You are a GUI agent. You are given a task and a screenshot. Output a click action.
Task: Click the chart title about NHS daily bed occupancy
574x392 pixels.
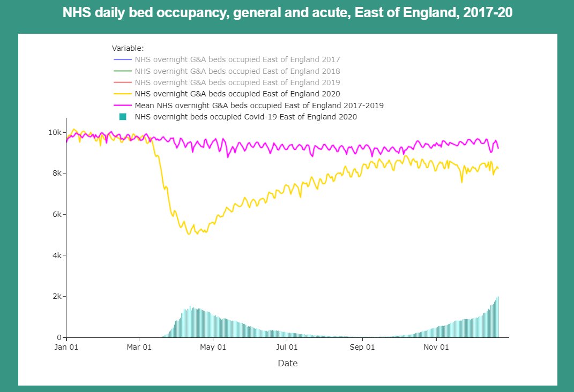(x=287, y=13)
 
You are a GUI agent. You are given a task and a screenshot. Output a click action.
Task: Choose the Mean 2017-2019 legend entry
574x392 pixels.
(x=258, y=105)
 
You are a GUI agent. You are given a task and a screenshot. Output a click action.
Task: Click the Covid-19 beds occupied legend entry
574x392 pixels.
(x=245, y=117)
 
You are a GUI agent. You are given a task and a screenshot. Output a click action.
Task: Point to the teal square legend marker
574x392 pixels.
(x=123, y=117)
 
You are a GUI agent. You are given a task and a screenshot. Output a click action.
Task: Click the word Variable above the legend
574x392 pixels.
(x=128, y=48)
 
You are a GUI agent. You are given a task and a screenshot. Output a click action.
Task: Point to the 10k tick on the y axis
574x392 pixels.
(x=55, y=132)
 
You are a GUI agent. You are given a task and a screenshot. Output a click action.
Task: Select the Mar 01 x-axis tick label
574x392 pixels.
(x=139, y=346)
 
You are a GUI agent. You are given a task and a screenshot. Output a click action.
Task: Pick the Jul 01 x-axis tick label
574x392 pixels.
(x=287, y=346)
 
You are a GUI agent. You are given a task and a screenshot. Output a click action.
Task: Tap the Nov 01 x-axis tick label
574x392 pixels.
(x=436, y=346)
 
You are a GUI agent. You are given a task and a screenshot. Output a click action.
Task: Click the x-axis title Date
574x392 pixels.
(x=287, y=363)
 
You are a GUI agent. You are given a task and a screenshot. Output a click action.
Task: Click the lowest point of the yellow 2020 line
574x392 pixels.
(x=189, y=235)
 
